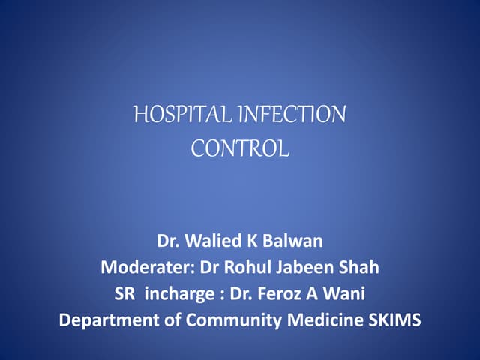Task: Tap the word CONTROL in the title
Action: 240,148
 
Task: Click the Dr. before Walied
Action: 169,242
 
